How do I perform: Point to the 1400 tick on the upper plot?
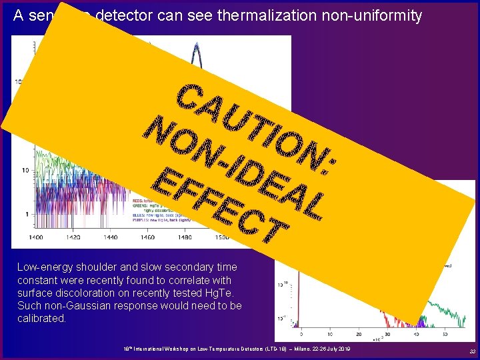pyautogui.click(x=36, y=237)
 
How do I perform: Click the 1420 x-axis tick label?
pyautogui.click(x=73, y=237)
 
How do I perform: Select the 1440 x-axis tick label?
pyautogui.click(x=110, y=237)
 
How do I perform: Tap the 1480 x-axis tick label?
pyautogui.click(x=184, y=237)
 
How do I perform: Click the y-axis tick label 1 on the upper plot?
pyautogui.click(x=25, y=214)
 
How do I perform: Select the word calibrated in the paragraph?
pyautogui.click(x=42, y=319)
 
